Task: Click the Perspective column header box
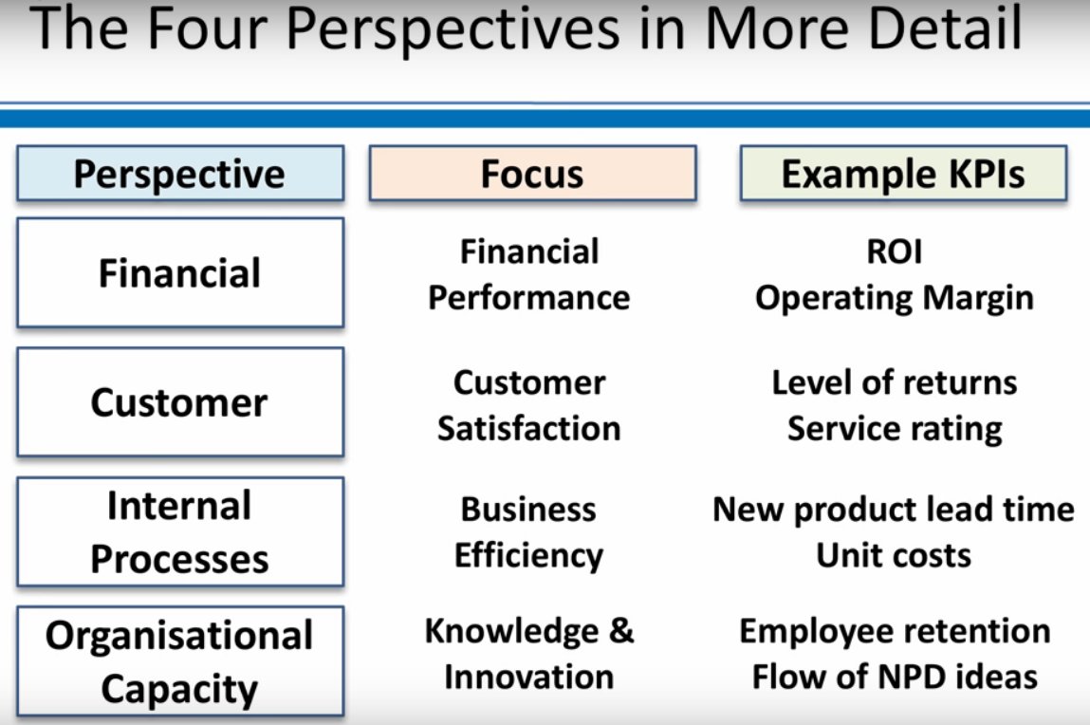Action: tap(180, 173)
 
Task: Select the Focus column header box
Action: tap(532, 173)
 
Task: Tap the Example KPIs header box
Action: tap(903, 173)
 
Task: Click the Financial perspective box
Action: tap(180, 272)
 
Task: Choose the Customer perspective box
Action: tap(180, 401)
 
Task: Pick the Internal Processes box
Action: tap(180, 531)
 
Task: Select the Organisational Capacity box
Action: tap(180, 661)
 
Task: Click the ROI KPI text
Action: tap(895, 251)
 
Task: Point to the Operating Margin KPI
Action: tap(895, 299)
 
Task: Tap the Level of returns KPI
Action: tap(895, 382)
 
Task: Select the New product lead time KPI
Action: tap(894, 511)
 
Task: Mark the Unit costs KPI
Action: tap(894, 555)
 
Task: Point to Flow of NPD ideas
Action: tap(895, 677)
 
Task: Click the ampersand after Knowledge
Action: tap(621, 631)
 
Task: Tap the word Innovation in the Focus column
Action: tap(529, 677)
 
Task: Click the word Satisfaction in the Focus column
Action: tap(529, 429)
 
